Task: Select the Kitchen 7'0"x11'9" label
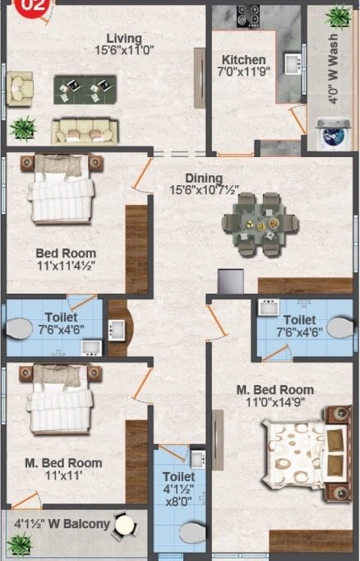point(243,67)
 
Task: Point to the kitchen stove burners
point(249,15)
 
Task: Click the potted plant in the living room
point(22,127)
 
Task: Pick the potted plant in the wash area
point(336,16)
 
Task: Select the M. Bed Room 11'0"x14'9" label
point(275,396)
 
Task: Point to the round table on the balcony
point(124,524)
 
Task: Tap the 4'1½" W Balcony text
point(62,522)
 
